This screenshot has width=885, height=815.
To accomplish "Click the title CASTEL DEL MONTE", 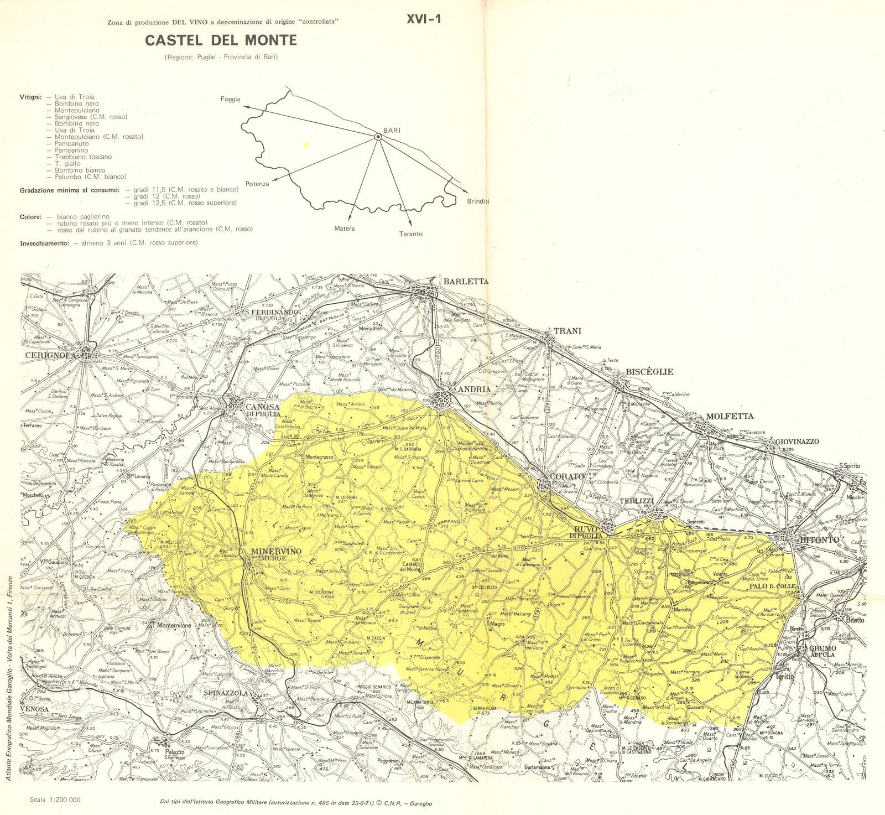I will point(221,40).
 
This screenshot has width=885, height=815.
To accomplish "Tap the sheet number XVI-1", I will point(424,19).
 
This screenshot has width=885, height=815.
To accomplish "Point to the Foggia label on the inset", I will point(230,100).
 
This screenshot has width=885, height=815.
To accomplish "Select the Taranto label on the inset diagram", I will point(410,234).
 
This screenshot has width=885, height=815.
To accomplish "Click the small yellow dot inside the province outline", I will point(306,144).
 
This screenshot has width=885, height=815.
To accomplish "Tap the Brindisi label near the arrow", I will point(478,201).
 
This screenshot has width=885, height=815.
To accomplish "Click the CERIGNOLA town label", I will point(49,356).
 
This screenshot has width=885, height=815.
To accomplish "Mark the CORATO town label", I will point(567,476).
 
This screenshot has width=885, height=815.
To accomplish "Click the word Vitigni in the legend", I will point(30,97).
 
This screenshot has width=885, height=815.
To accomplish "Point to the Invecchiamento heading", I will point(43,243).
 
